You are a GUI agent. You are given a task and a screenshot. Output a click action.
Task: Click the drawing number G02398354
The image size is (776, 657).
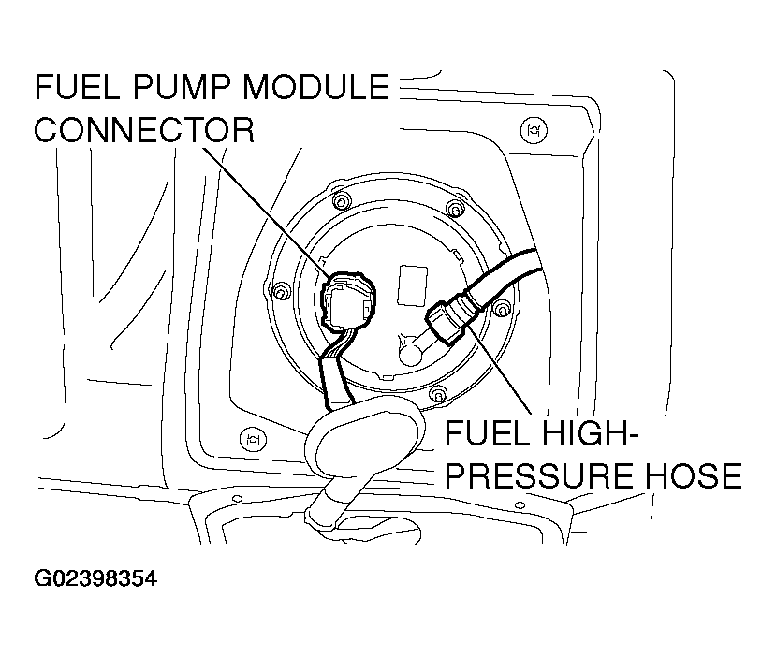[x=95, y=578]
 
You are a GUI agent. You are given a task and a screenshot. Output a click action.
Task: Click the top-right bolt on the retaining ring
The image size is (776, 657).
[x=455, y=208]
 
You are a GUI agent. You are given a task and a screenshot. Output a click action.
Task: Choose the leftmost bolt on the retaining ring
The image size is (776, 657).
[x=279, y=295]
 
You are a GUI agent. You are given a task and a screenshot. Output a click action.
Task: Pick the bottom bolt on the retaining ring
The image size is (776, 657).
[x=436, y=398]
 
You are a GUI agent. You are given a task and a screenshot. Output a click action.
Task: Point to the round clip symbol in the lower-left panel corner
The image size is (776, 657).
[x=250, y=437]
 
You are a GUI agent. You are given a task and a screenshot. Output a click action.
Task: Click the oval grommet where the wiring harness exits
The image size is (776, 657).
[x=360, y=431]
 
